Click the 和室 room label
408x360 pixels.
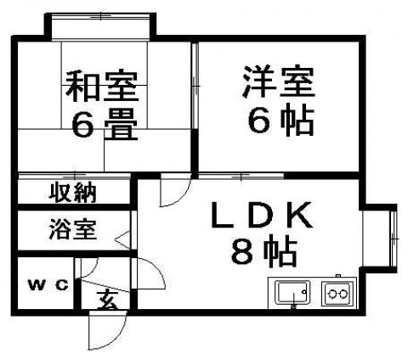[102, 87]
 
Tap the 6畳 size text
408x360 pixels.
[105, 126]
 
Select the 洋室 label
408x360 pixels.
[279, 82]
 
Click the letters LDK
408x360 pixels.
[263, 215]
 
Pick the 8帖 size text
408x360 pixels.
[264, 251]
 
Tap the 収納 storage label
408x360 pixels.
[73, 193]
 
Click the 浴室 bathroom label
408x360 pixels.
[73, 230]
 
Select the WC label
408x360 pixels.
[48, 284]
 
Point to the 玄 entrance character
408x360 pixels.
[107, 300]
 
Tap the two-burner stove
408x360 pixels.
[337, 293]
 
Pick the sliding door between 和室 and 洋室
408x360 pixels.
[195, 86]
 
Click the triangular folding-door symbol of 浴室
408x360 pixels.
[122, 240]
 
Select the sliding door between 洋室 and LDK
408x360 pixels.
[241, 176]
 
